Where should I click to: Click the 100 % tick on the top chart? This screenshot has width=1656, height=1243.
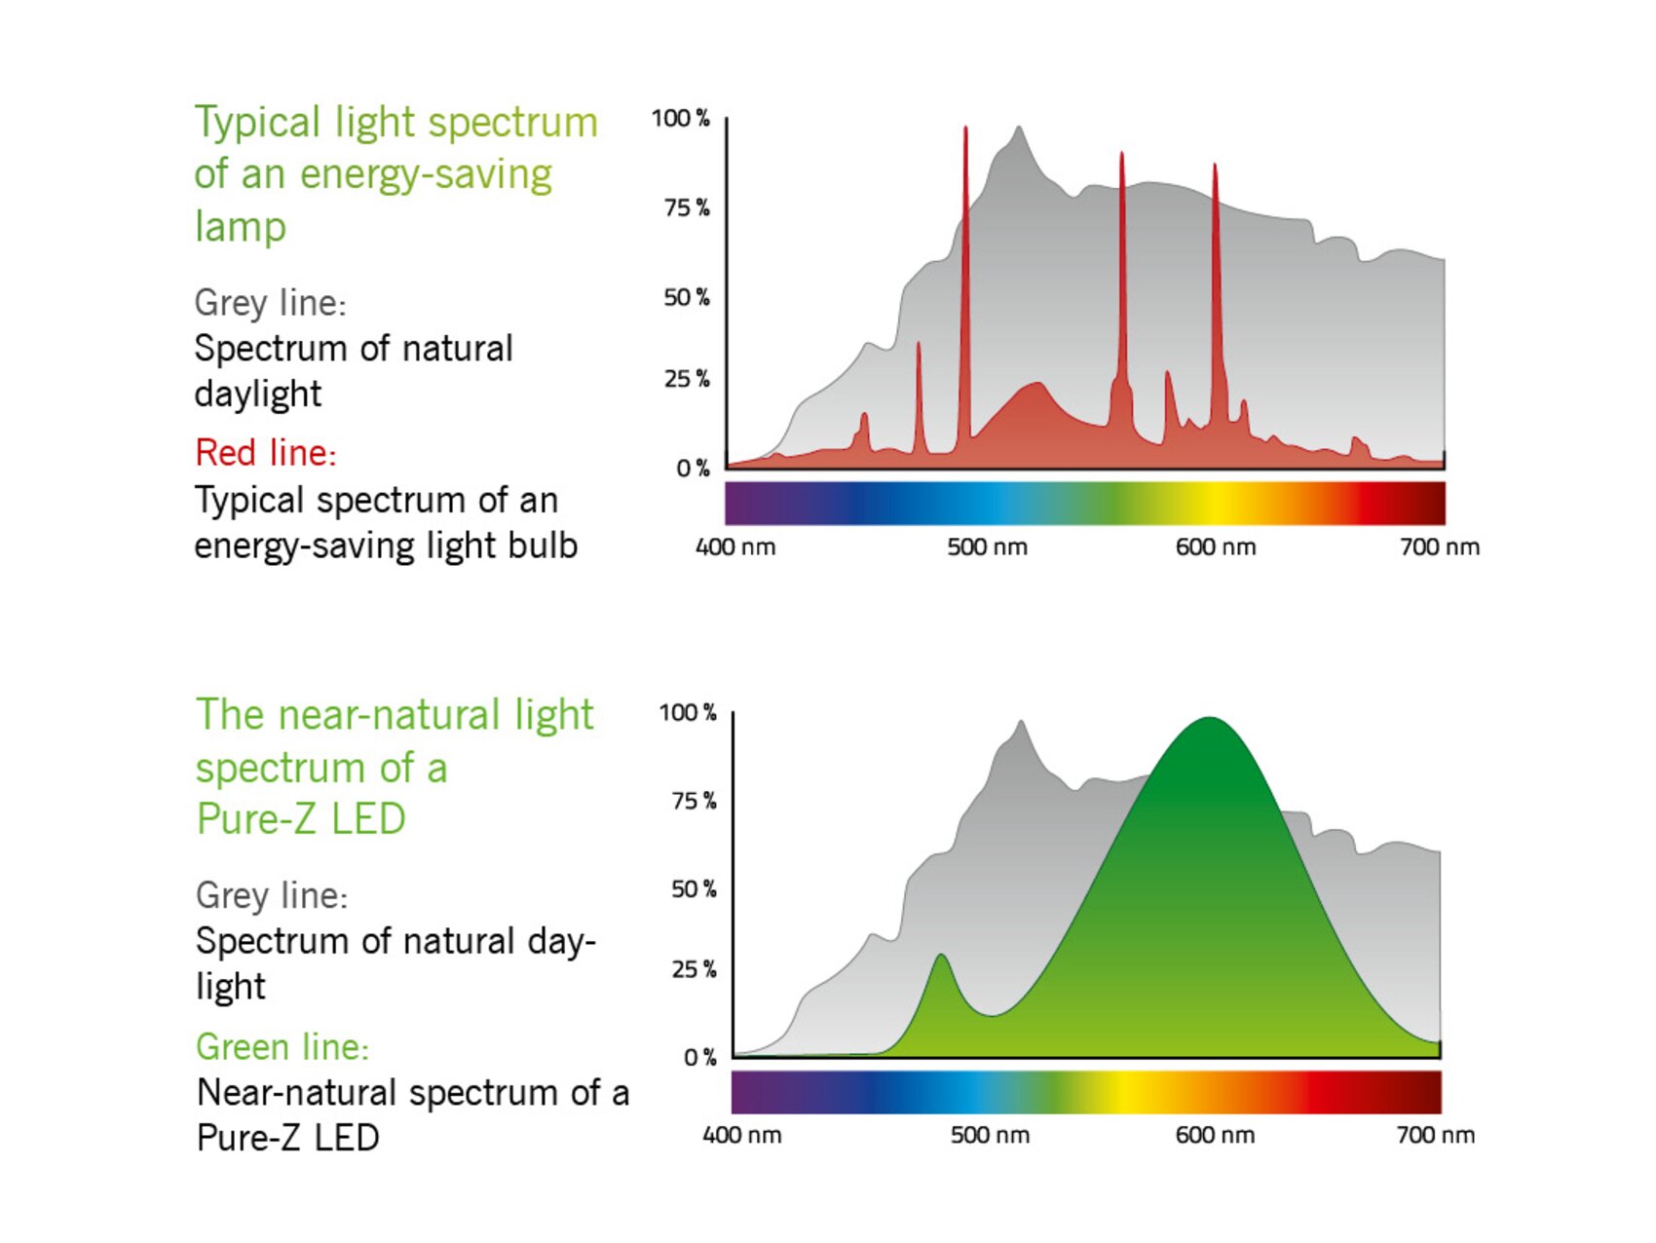pyautogui.click(x=681, y=119)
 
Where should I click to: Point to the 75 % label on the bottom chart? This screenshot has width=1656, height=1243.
pyautogui.click(x=694, y=801)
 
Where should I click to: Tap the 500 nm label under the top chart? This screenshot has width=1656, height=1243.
pyautogui.click(x=987, y=547)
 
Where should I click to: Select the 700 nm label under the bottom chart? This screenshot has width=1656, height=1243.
pyautogui.click(x=1435, y=1135)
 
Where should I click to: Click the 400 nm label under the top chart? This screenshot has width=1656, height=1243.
pyautogui.click(x=735, y=547)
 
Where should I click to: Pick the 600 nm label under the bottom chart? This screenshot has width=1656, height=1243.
pyautogui.click(x=1215, y=1135)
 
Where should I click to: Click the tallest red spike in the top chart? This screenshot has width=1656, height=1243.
pyautogui.click(x=965, y=130)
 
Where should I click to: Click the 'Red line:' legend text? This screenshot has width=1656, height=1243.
pyautogui.click(x=266, y=453)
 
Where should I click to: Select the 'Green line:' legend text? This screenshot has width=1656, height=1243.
pyautogui.click(x=282, y=1047)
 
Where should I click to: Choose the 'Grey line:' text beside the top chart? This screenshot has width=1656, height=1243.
pyautogui.click(x=270, y=303)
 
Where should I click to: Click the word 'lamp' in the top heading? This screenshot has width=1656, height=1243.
pyautogui.click(x=240, y=227)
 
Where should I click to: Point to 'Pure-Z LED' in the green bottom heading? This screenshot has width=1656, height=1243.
pyautogui.click(x=301, y=819)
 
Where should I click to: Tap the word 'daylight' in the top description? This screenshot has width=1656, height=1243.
pyautogui.click(x=257, y=394)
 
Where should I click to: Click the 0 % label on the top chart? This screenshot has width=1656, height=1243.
pyautogui.click(x=693, y=469)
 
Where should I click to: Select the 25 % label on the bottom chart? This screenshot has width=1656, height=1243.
pyautogui.click(x=694, y=969)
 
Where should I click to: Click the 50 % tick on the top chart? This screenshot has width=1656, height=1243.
pyautogui.click(x=687, y=297)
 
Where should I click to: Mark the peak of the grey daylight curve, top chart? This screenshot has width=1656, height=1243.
pyautogui.click(x=1019, y=128)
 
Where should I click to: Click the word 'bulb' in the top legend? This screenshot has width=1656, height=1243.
pyautogui.click(x=543, y=546)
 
